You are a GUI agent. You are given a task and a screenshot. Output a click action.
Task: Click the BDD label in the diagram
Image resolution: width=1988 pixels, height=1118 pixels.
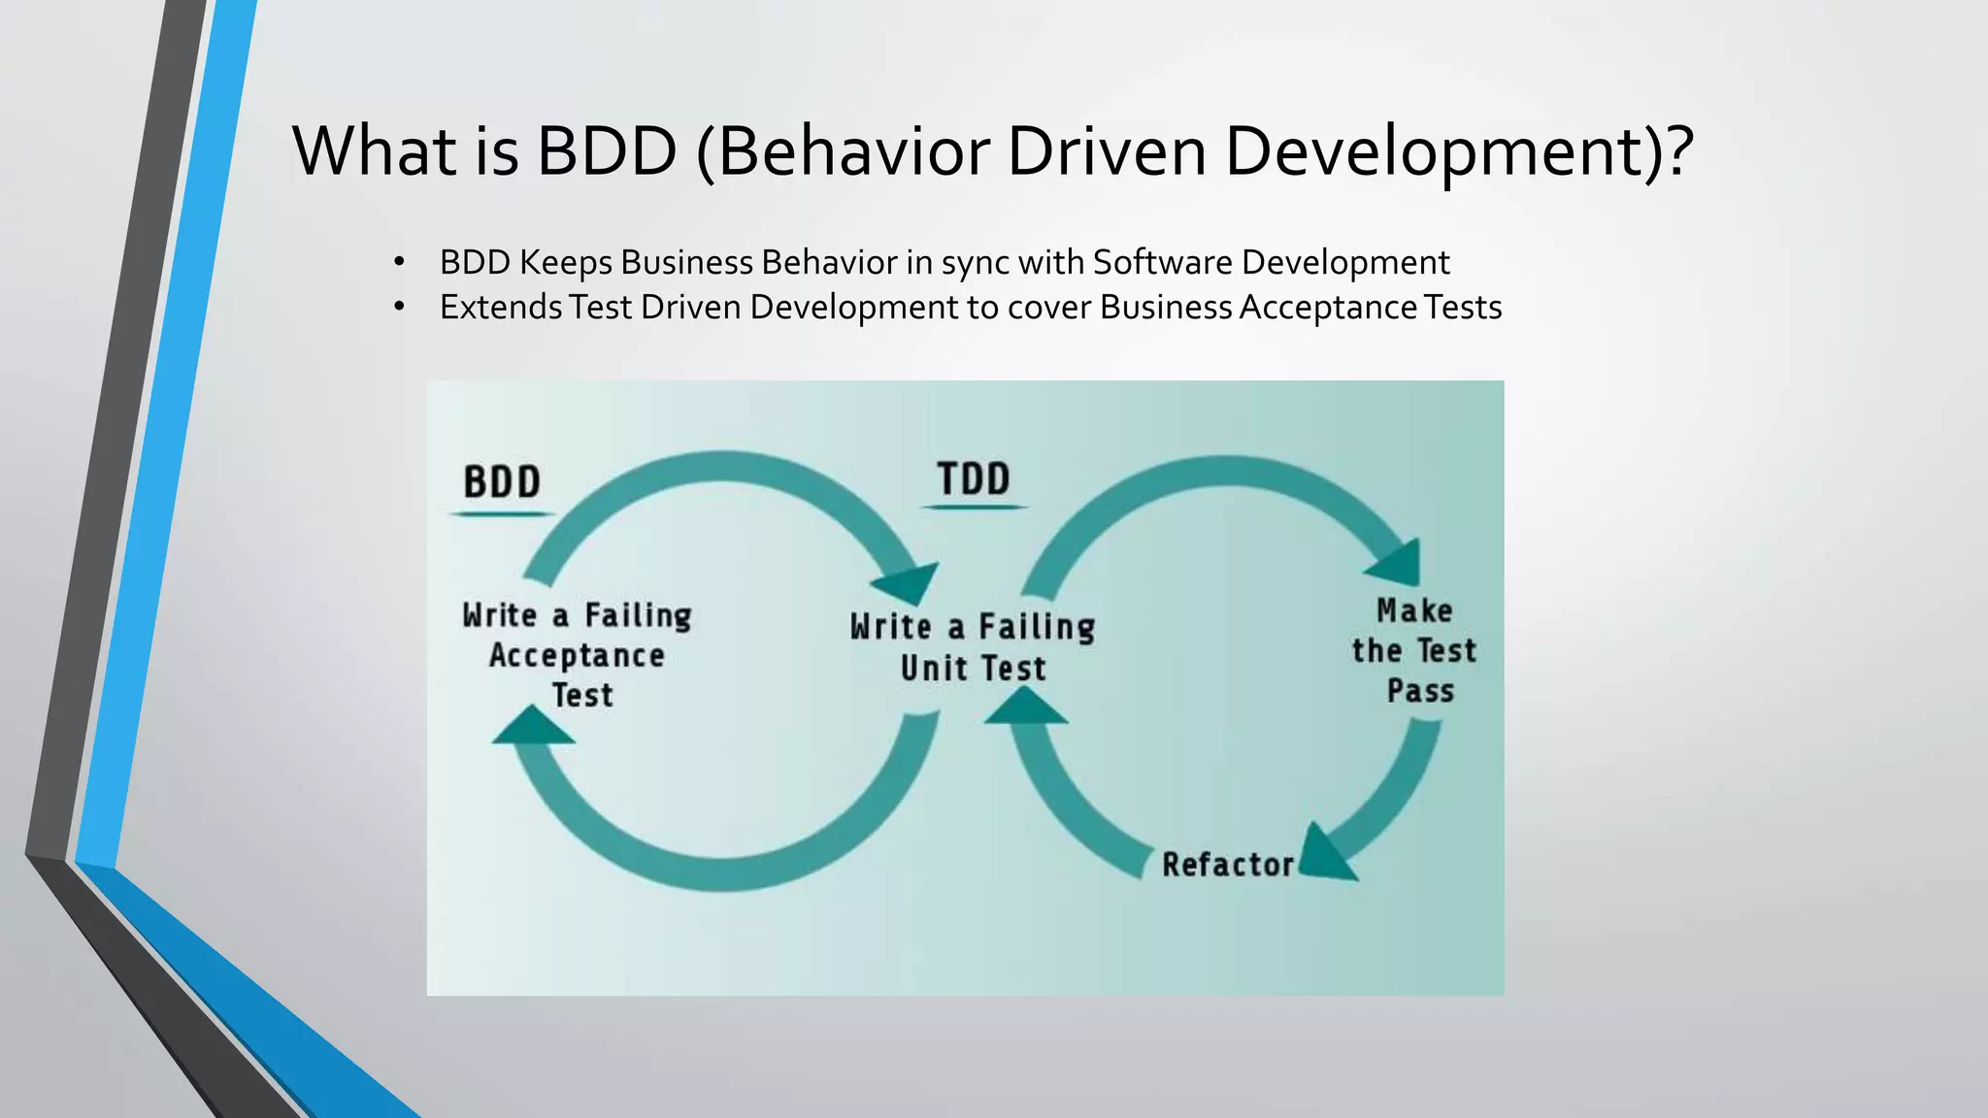tap(502, 482)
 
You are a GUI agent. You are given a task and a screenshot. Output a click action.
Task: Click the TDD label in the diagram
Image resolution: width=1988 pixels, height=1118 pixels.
tap(974, 479)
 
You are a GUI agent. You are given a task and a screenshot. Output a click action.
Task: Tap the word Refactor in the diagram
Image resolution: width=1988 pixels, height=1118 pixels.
tap(1228, 864)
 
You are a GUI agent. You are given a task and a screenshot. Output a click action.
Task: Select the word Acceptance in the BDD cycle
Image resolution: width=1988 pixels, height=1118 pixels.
tap(577, 656)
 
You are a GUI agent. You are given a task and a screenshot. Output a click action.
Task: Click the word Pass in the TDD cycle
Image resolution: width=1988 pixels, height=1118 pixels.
tap(1420, 691)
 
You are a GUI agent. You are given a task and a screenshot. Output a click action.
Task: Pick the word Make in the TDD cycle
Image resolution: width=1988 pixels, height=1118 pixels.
tap(1414, 610)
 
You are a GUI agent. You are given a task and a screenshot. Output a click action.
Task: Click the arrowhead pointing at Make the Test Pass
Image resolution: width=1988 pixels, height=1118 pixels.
tap(1400, 563)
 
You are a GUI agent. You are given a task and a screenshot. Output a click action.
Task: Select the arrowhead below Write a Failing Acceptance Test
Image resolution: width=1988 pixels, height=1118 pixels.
tap(532, 726)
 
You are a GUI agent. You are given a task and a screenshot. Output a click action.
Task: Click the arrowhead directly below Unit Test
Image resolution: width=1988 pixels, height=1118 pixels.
tap(1025, 707)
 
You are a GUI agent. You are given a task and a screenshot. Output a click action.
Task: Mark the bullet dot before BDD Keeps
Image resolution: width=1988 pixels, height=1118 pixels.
tap(399, 262)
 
